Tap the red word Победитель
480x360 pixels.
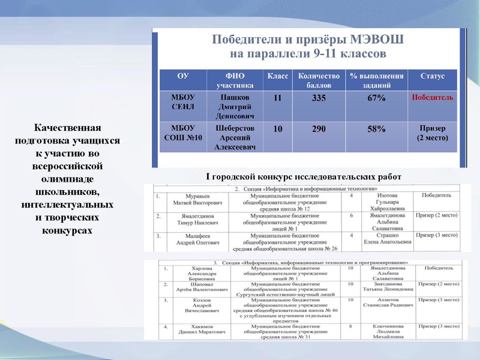coord(432,98)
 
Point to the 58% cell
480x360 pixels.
coord(376,129)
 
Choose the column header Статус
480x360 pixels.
coord(432,76)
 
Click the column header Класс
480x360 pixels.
coord(277,76)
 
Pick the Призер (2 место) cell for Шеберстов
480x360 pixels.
coord(432,133)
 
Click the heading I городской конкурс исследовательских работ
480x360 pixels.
coord(303,176)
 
